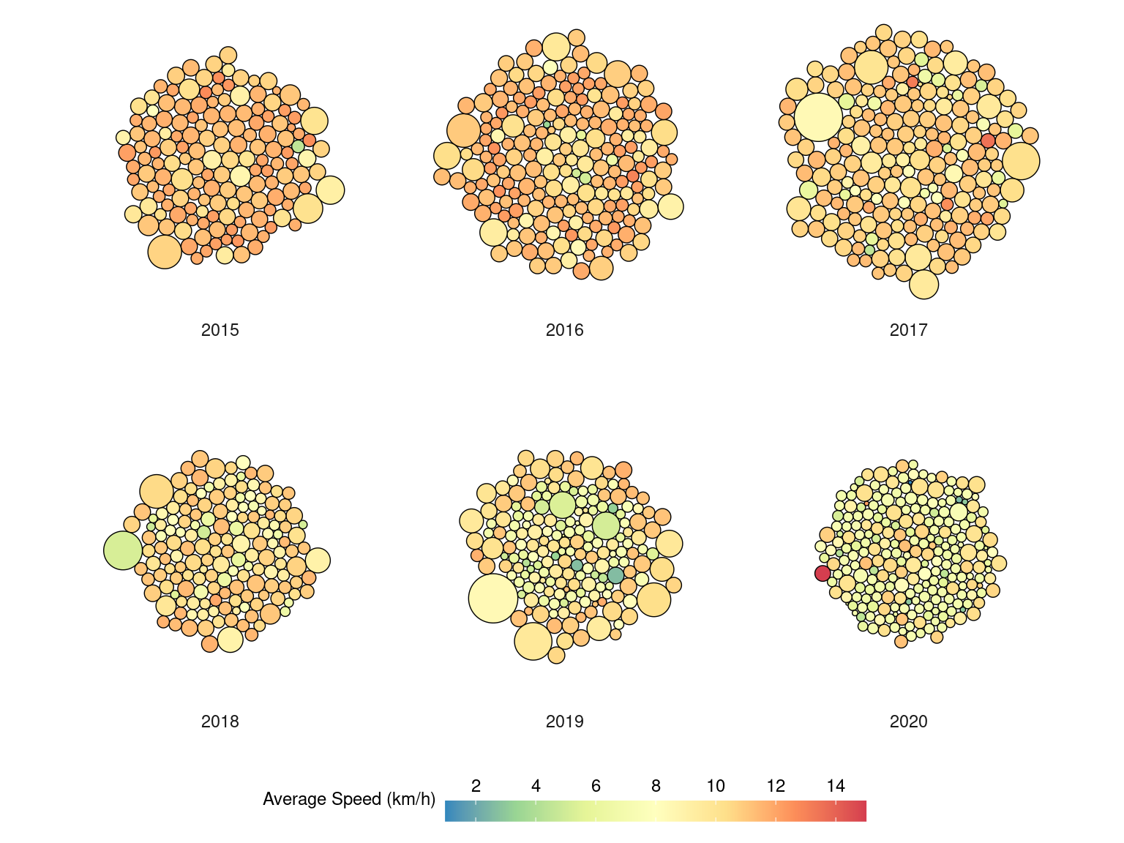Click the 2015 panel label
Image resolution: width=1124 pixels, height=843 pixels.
pyautogui.click(x=220, y=330)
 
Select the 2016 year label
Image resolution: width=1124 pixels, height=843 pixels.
pyautogui.click(x=564, y=330)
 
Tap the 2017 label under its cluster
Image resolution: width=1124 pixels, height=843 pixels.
pyautogui.click(x=908, y=330)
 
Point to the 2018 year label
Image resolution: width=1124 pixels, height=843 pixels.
pyautogui.click(x=220, y=722)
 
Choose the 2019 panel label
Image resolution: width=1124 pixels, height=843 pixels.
pyautogui.click(x=564, y=722)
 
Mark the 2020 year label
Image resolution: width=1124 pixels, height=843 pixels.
pyautogui.click(x=908, y=722)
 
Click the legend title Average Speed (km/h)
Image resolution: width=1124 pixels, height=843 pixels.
pyautogui.click(x=348, y=799)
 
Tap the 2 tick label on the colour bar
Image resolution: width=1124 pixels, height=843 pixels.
pyautogui.click(x=476, y=786)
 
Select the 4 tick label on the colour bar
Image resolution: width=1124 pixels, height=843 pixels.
pyautogui.click(x=536, y=786)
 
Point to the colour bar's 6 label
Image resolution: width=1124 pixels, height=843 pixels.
pyautogui.click(x=596, y=786)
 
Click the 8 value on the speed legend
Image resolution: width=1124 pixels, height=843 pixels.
pyautogui.click(x=656, y=786)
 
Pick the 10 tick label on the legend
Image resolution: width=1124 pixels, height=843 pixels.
pyautogui.click(x=716, y=786)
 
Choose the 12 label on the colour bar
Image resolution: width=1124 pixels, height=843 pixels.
pyautogui.click(x=776, y=786)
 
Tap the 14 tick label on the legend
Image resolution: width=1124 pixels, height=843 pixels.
pyautogui.click(x=836, y=786)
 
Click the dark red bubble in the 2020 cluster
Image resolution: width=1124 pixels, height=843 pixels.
pyautogui.click(x=823, y=573)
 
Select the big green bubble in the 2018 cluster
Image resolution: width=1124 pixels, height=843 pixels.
pyautogui.click(x=123, y=550)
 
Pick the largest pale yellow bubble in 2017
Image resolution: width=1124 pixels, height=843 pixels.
pyautogui.click(x=818, y=117)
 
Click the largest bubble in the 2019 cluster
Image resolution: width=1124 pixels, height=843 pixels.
pyautogui.click(x=493, y=599)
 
